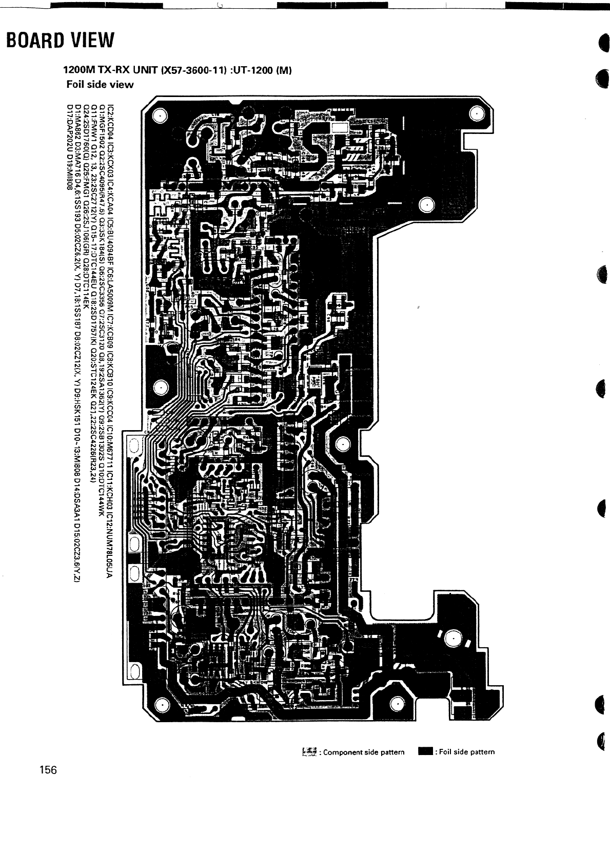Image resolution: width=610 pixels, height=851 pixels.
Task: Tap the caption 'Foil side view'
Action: [100, 84]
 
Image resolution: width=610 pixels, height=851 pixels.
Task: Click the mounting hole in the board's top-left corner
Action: [160, 115]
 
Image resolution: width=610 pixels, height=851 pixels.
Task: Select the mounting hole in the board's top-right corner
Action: [476, 114]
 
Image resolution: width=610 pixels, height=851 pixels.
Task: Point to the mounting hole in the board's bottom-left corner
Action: [161, 703]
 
